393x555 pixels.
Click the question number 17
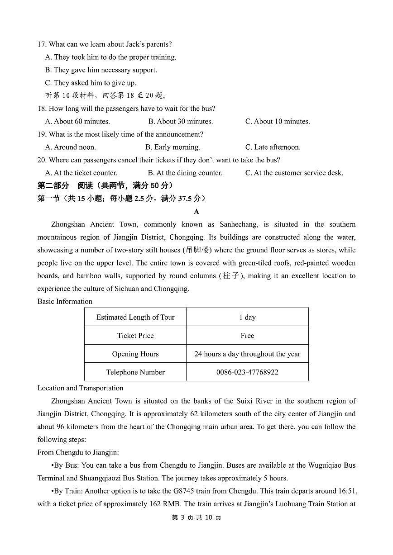42,44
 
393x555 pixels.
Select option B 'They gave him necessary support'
101,70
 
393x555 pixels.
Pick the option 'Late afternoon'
273,147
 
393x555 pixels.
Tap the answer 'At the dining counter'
185,173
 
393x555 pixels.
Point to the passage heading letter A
196,212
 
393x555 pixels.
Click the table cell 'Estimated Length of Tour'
135,318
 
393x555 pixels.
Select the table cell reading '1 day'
247,318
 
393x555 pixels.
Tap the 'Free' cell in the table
247,336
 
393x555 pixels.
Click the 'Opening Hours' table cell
135,354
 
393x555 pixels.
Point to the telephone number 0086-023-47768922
247,372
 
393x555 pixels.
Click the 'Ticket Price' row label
135,336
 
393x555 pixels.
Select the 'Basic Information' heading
65,302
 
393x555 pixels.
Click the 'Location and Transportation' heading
80,388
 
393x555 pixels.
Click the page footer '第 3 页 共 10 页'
196,517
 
